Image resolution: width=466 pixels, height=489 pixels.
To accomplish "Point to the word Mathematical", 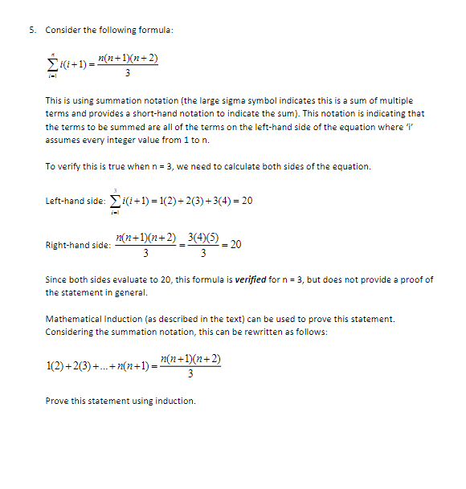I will pyautogui.click(x=76, y=320).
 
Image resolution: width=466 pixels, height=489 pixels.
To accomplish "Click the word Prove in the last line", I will pyautogui.click(x=59, y=401).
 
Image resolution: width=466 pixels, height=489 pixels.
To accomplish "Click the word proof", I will pyautogui.click(x=415, y=279).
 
